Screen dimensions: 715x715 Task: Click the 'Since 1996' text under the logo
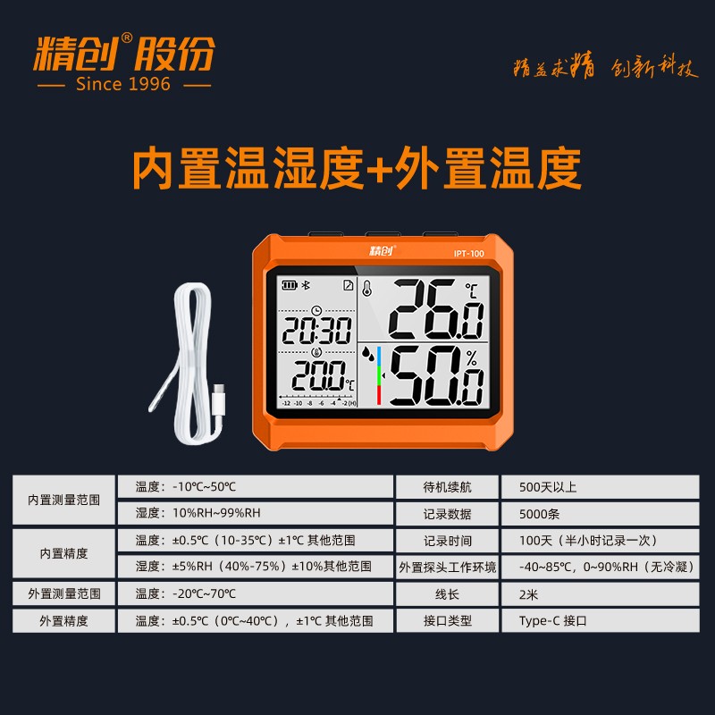[x=123, y=84]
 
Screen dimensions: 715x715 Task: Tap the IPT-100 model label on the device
[x=468, y=254]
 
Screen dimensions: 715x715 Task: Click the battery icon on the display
[x=290, y=285]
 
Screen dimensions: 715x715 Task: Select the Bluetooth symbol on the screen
[x=307, y=285]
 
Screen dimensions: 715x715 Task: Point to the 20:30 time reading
[x=317, y=331]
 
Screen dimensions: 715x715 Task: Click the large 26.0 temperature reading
[x=436, y=309]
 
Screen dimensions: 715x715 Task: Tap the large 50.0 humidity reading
[x=436, y=375]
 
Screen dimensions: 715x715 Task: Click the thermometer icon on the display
[x=367, y=288]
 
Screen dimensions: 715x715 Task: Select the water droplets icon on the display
[x=368, y=353]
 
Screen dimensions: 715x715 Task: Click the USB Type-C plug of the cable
[x=218, y=399]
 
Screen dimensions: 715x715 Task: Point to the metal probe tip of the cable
[x=162, y=391]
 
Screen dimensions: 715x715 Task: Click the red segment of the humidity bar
[x=378, y=395]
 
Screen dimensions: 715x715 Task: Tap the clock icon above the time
[x=316, y=311]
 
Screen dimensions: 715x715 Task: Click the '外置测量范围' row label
[x=63, y=593]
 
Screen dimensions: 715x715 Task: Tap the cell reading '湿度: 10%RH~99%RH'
[x=256, y=513]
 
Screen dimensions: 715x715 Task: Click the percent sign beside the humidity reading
[x=472, y=357]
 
